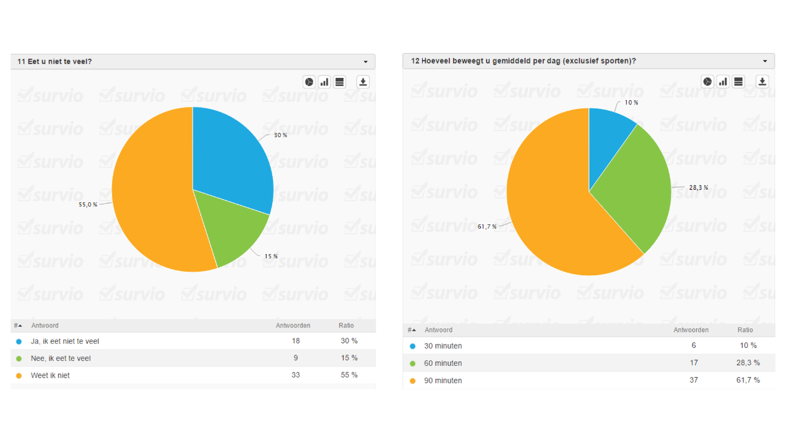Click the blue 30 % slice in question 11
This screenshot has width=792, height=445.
point(232,158)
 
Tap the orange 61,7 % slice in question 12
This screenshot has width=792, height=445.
point(551,204)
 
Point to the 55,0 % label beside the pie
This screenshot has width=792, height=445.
point(88,205)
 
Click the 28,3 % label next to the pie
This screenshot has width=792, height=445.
point(699,188)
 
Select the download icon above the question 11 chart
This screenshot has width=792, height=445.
point(363,82)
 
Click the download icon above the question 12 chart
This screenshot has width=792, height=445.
point(762,82)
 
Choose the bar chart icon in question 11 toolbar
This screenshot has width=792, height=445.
point(324,82)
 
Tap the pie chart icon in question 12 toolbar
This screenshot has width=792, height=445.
point(707,82)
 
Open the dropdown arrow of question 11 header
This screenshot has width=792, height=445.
point(366,62)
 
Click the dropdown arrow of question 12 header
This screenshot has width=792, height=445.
point(765,61)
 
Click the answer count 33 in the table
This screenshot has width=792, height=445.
point(296,375)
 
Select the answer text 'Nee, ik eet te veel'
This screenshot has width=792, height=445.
point(61,358)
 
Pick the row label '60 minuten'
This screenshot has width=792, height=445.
point(443,363)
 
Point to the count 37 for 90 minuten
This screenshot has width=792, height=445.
point(694,380)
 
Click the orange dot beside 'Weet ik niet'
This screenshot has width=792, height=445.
point(19,375)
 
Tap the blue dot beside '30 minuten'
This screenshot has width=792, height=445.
point(412,346)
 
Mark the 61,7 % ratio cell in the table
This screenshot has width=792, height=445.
point(748,380)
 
